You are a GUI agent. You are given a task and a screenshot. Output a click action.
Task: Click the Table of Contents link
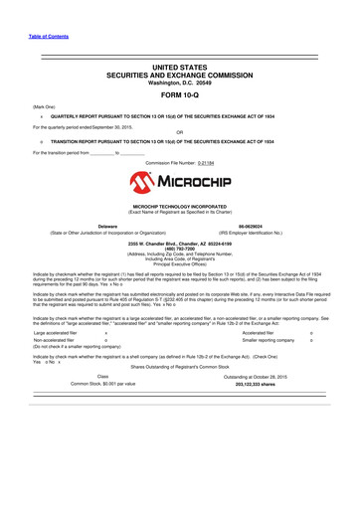click(x=35, y=37)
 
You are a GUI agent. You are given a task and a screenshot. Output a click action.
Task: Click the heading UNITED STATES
click(x=180, y=63)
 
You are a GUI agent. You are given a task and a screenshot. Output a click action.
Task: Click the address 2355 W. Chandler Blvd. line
click(x=180, y=242)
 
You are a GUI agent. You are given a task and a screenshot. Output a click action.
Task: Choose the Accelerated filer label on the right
click(x=261, y=334)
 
